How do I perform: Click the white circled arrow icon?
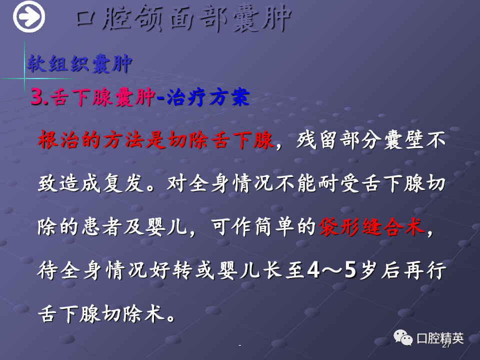click(x=29, y=16)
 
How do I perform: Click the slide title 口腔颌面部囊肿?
click(x=183, y=18)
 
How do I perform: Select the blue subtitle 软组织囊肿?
click(x=79, y=63)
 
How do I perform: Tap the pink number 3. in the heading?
click(x=39, y=97)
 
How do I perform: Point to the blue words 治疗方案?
click(x=208, y=97)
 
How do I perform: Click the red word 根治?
click(x=58, y=140)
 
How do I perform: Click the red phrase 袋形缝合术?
click(x=371, y=227)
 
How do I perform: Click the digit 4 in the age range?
click(x=313, y=270)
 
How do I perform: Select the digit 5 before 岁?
click(x=350, y=270)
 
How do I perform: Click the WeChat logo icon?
click(x=403, y=337)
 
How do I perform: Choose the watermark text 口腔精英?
click(x=440, y=338)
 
